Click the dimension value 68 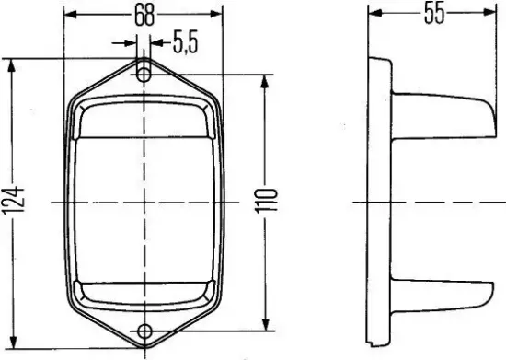click(144, 15)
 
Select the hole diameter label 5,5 click(184, 42)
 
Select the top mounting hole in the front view click(144, 72)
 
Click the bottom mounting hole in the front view click(144, 331)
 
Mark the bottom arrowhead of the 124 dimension click(11, 341)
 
